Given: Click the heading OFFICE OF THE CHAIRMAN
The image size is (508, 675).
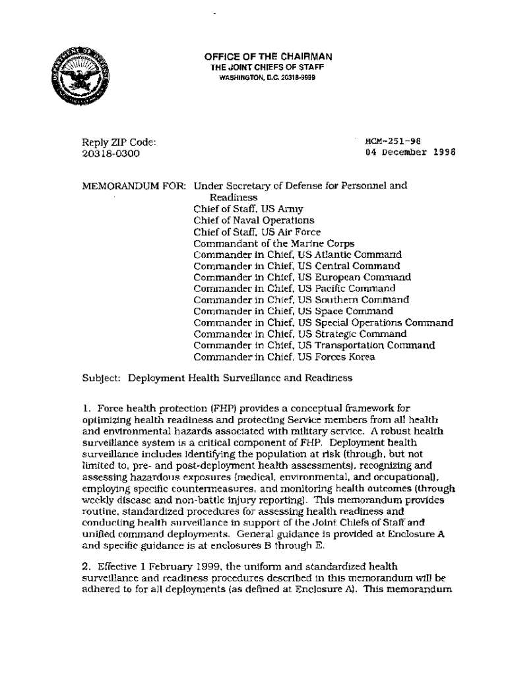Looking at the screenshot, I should [x=268, y=57].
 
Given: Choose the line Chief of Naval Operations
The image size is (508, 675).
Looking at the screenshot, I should [x=253, y=220].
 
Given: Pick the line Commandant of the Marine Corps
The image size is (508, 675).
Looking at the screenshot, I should [x=274, y=243].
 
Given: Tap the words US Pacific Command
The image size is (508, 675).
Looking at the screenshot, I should [x=346, y=289].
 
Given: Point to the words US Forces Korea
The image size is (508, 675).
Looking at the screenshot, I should [x=336, y=357].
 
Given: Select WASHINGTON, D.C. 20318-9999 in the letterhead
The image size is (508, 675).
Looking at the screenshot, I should [x=267, y=77].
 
